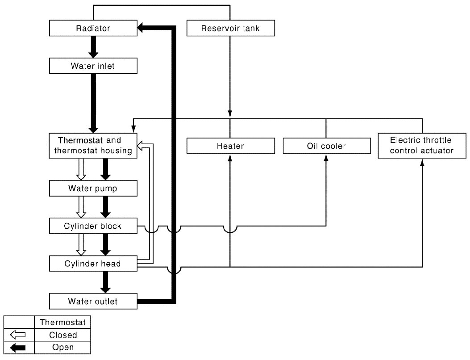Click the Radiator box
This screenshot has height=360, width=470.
[x=93, y=28]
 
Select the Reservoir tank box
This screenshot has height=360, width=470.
[x=230, y=28]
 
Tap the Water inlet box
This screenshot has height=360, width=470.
[x=93, y=66]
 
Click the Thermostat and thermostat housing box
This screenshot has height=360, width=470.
[x=93, y=146]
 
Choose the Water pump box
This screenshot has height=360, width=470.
[x=93, y=188]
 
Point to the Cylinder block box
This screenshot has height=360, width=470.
[x=93, y=226]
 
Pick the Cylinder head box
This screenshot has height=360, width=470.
[x=93, y=264]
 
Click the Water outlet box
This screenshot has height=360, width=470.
[x=93, y=301]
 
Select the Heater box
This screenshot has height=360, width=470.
[x=230, y=146]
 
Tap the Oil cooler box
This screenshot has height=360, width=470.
[x=327, y=146]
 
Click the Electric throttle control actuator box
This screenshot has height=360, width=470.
[x=422, y=146]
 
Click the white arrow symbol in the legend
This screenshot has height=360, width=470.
[x=18, y=335]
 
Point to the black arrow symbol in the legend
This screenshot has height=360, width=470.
[x=18, y=347]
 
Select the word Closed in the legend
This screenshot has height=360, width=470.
[x=63, y=335]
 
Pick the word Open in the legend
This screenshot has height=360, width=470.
[x=63, y=347]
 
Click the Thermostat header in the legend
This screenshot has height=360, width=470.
[x=62, y=322]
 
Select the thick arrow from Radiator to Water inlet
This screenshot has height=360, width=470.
[x=93, y=47]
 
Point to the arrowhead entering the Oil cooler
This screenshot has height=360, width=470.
[x=326, y=158]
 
